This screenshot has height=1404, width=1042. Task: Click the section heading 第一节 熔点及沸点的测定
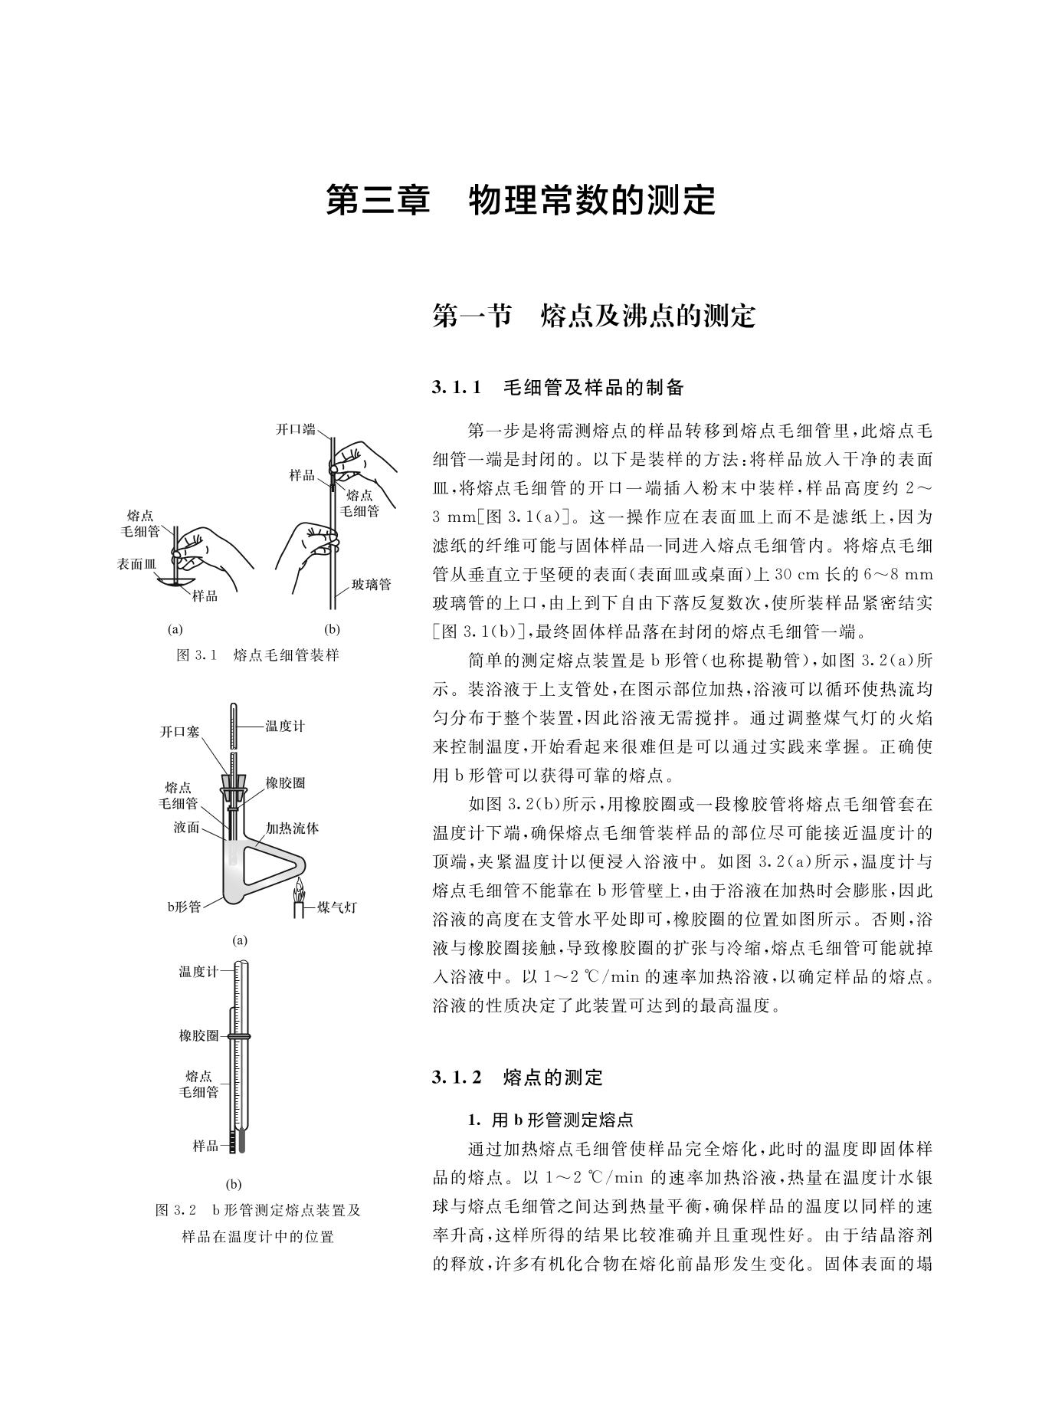594,316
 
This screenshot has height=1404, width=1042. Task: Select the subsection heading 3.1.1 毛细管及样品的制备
558,388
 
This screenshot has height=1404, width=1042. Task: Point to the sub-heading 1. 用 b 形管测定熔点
551,1120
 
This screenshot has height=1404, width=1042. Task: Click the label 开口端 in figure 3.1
295,429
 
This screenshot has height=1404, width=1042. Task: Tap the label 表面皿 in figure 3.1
136,563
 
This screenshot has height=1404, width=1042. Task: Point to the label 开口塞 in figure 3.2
179,732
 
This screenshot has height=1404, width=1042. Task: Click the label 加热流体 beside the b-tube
292,828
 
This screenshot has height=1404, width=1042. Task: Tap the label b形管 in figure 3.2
184,907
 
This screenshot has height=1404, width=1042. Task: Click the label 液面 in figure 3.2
187,828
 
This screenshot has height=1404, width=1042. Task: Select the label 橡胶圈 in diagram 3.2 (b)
198,1036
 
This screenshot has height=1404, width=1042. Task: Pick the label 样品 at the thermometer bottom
205,1146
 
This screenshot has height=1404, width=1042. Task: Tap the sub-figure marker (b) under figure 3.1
332,630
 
